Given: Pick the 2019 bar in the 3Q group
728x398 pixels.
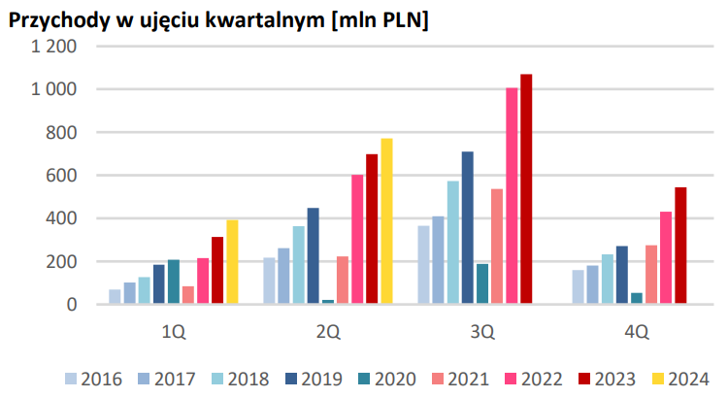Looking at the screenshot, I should tap(468, 228).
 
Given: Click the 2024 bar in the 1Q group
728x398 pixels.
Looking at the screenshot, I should tap(232, 262).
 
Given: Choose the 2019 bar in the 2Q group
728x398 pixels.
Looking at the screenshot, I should tap(314, 256).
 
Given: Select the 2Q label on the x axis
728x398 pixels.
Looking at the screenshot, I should tap(327, 331).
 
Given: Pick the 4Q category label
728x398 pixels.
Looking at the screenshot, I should tap(636, 331).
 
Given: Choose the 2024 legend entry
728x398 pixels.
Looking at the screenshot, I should tap(686, 377).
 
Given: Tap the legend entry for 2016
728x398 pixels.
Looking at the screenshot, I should tap(94, 377).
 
